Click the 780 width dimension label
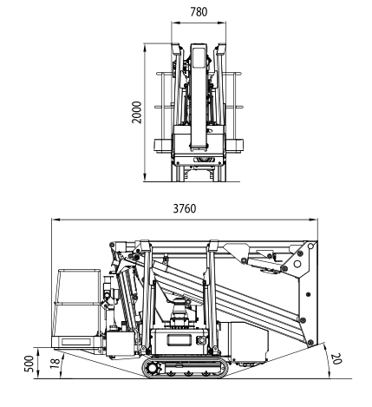click(x=199, y=12)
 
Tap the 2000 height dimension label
click(x=137, y=112)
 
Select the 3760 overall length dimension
click(x=185, y=208)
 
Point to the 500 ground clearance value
click(x=29, y=364)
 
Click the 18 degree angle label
click(x=55, y=363)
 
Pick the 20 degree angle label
click(x=336, y=358)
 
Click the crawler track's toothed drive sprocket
click(x=152, y=368)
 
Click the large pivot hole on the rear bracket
click(x=297, y=264)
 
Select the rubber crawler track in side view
click(x=186, y=367)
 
